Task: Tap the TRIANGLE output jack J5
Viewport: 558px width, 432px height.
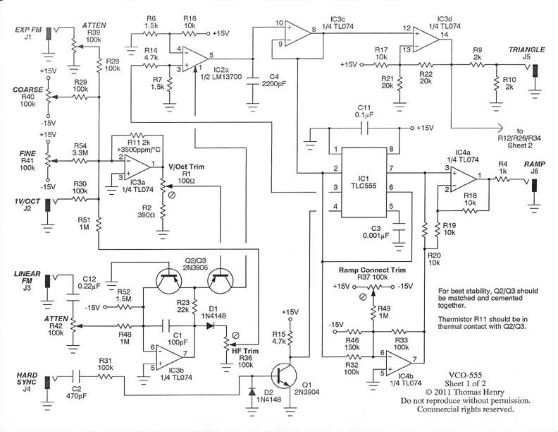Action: [535, 71]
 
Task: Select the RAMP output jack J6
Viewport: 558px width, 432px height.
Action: [535, 185]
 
